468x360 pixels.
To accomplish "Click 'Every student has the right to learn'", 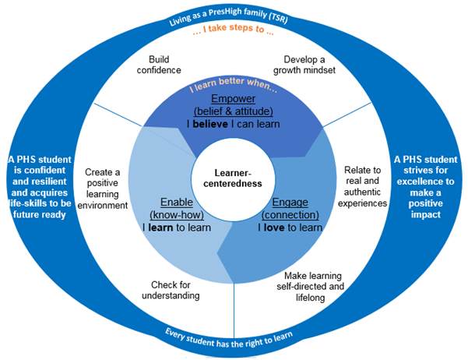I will [234, 337].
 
